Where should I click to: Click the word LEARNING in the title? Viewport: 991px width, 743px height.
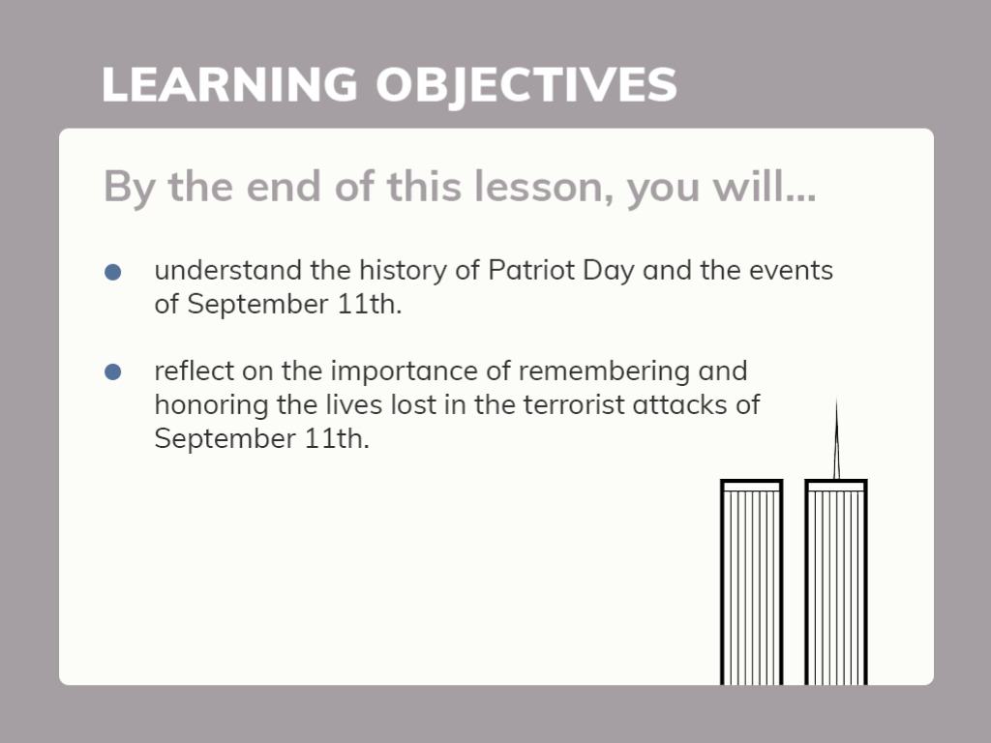click(x=230, y=85)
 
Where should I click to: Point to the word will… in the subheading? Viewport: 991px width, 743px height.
click(x=765, y=187)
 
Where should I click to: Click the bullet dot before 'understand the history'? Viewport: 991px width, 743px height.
click(x=112, y=272)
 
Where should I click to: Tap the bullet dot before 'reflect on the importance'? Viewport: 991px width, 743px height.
click(x=112, y=372)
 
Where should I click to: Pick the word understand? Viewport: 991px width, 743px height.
click(x=228, y=271)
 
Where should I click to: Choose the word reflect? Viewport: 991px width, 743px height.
click(x=194, y=371)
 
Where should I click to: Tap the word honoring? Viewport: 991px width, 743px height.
click(x=211, y=405)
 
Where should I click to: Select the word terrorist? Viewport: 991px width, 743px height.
click(x=574, y=405)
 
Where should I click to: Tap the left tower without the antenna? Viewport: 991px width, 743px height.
click(x=751, y=581)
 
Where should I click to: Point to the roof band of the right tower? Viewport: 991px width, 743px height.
click(x=835, y=486)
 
